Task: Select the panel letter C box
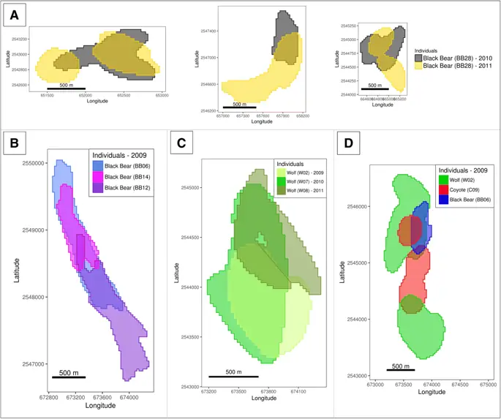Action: (183, 143)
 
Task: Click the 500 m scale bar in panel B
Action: (69, 377)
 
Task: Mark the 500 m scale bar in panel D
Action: (401, 370)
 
